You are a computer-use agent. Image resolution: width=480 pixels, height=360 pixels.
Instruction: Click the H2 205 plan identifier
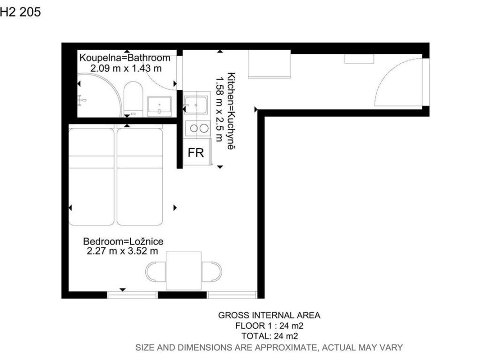[x=21, y=12]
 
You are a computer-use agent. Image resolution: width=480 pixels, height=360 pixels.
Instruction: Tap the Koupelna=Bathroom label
[x=125, y=58]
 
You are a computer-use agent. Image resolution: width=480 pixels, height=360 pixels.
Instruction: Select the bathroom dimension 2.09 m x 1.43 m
[x=126, y=68]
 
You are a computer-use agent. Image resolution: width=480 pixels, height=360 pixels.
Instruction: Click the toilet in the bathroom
[x=134, y=98]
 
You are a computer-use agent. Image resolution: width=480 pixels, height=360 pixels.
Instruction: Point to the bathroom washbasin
[x=159, y=106]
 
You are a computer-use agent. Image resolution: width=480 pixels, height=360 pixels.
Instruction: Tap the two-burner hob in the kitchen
[x=197, y=128]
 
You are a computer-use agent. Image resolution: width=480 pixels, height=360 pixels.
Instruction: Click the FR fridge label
[x=195, y=152]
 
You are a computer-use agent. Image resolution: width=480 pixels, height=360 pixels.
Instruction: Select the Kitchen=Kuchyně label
[x=231, y=111]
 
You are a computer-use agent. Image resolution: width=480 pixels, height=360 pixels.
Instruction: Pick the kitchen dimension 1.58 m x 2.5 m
[x=219, y=109]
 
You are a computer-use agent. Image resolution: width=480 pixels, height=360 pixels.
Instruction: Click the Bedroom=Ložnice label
[x=123, y=241]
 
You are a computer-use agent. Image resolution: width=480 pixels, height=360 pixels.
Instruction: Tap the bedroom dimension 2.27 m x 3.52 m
[x=122, y=251]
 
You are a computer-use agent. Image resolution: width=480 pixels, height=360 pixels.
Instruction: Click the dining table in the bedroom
[x=184, y=270]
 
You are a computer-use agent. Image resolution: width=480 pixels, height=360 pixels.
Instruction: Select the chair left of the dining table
[x=156, y=272]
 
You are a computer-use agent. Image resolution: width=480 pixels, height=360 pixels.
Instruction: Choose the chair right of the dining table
[x=212, y=272]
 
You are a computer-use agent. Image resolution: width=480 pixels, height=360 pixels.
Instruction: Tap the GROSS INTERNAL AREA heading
[x=269, y=315]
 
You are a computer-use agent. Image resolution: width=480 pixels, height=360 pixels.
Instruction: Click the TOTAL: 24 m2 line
[x=270, y=336]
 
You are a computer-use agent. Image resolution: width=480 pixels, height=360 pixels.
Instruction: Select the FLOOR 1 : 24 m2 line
[x=270, y=325]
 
